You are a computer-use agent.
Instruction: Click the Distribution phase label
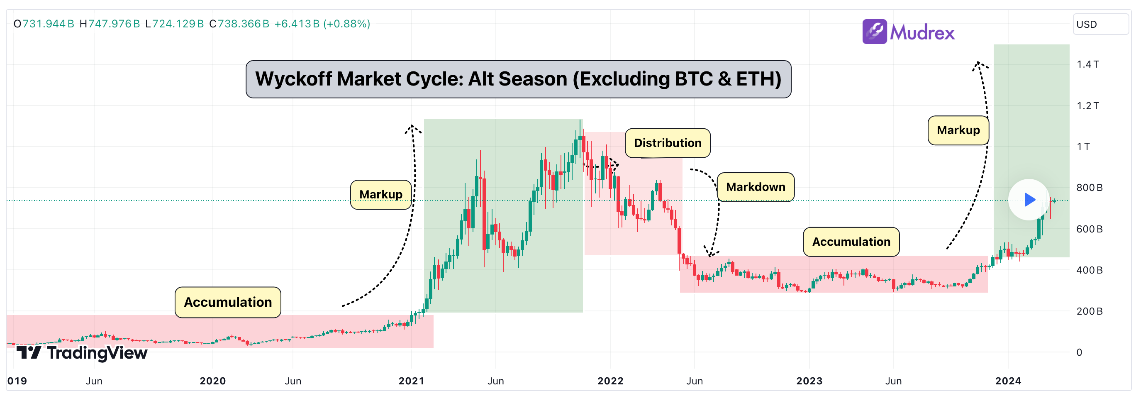pos(667,143)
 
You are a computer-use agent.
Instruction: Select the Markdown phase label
pos(755,187)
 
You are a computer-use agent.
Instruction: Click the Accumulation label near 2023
pos(851,242)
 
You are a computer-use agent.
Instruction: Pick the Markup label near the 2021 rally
pos(380,195)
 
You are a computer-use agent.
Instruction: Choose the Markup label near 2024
pos(958,130)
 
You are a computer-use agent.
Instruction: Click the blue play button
pos(1029,200)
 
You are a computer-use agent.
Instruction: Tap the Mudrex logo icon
pos(874,31)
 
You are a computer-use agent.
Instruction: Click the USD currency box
pos(1100,24)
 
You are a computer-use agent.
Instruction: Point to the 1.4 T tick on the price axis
pos(1087,64)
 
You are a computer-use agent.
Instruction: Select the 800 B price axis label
pos(1089,188)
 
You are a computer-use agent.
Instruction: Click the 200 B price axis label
pos(1089,311)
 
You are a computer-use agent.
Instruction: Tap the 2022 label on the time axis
pos(610,381)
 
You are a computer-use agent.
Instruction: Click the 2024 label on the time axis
pos(1008,381)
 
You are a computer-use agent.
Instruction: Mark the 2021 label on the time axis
pos(411,381)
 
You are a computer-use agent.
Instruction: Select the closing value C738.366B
pos(239,24)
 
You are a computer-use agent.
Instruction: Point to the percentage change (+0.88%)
pos(346,24)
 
